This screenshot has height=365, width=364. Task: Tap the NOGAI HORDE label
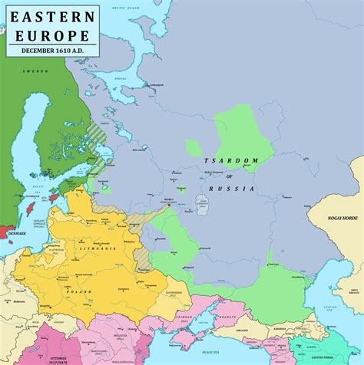pyautogui.click(x=335, y=218)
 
